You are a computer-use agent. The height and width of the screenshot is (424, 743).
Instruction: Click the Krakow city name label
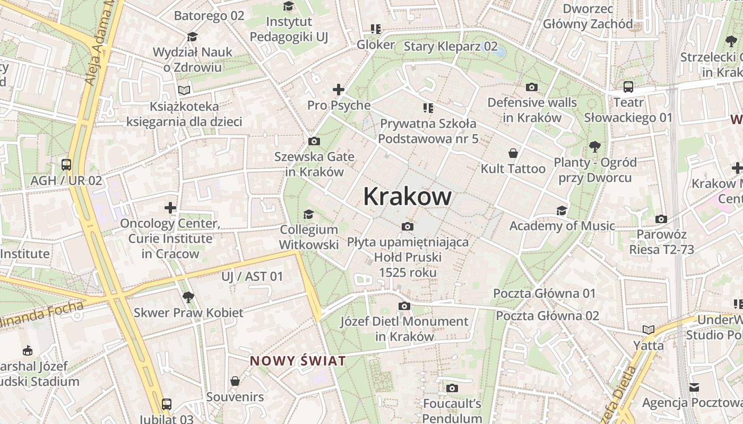click(x=407, y=197)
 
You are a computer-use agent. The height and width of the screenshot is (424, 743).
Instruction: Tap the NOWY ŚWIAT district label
click(x=298, y=361)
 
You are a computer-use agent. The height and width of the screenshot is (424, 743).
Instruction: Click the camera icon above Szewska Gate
click(x=314, y=141)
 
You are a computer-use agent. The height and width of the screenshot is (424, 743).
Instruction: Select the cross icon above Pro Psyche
click(x=338, y=90)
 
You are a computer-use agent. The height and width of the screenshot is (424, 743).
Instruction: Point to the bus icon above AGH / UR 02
click(x=66, y=164)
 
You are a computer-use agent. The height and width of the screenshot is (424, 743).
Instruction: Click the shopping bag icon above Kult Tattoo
click(x=513, y=153)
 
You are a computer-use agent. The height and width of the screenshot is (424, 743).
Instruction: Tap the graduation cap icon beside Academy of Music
click(x=561, y=210)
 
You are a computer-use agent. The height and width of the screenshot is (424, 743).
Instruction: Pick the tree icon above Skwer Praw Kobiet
click(x=187, y=297)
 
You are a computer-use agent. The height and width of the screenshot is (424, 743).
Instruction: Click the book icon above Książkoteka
click(x=184, y=91)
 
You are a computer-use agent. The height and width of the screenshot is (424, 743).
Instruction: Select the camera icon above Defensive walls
click(x=531, y=87)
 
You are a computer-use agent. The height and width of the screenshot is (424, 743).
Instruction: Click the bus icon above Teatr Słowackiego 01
click(x=628, y=86)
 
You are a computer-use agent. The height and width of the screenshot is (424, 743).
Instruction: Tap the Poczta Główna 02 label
click(x=547, y=316)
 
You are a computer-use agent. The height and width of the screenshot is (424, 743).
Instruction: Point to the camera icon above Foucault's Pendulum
click(x=452, y=388)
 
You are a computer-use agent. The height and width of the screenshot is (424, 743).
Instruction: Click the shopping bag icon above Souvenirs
click(x=235, y=381)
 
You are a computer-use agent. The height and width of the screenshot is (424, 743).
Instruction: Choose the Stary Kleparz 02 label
click(x=451, y=46)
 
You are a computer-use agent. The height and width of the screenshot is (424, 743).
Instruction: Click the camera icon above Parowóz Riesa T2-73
click(x=661, y=219)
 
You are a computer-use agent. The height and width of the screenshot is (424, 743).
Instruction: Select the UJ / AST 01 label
click(x=252, y=276)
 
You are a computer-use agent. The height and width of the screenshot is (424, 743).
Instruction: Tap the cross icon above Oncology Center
click(x=170, y=207)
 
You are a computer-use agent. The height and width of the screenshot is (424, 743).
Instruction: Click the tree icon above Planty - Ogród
click(x=595, y=146)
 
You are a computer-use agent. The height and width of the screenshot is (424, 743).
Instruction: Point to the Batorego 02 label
click(x=209, y=15)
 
